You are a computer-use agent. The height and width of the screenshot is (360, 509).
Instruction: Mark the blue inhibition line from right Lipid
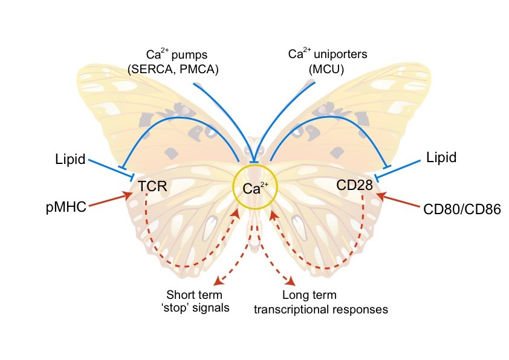400,169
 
